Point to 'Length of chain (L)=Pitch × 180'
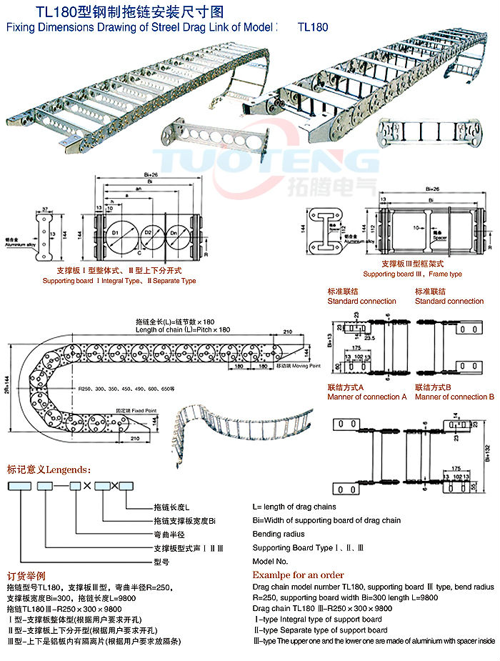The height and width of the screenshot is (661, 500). (182, 329)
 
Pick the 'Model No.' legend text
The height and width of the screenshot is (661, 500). (270, 562)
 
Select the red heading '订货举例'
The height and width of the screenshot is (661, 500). (26, 575)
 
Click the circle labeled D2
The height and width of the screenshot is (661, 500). (149, 234)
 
